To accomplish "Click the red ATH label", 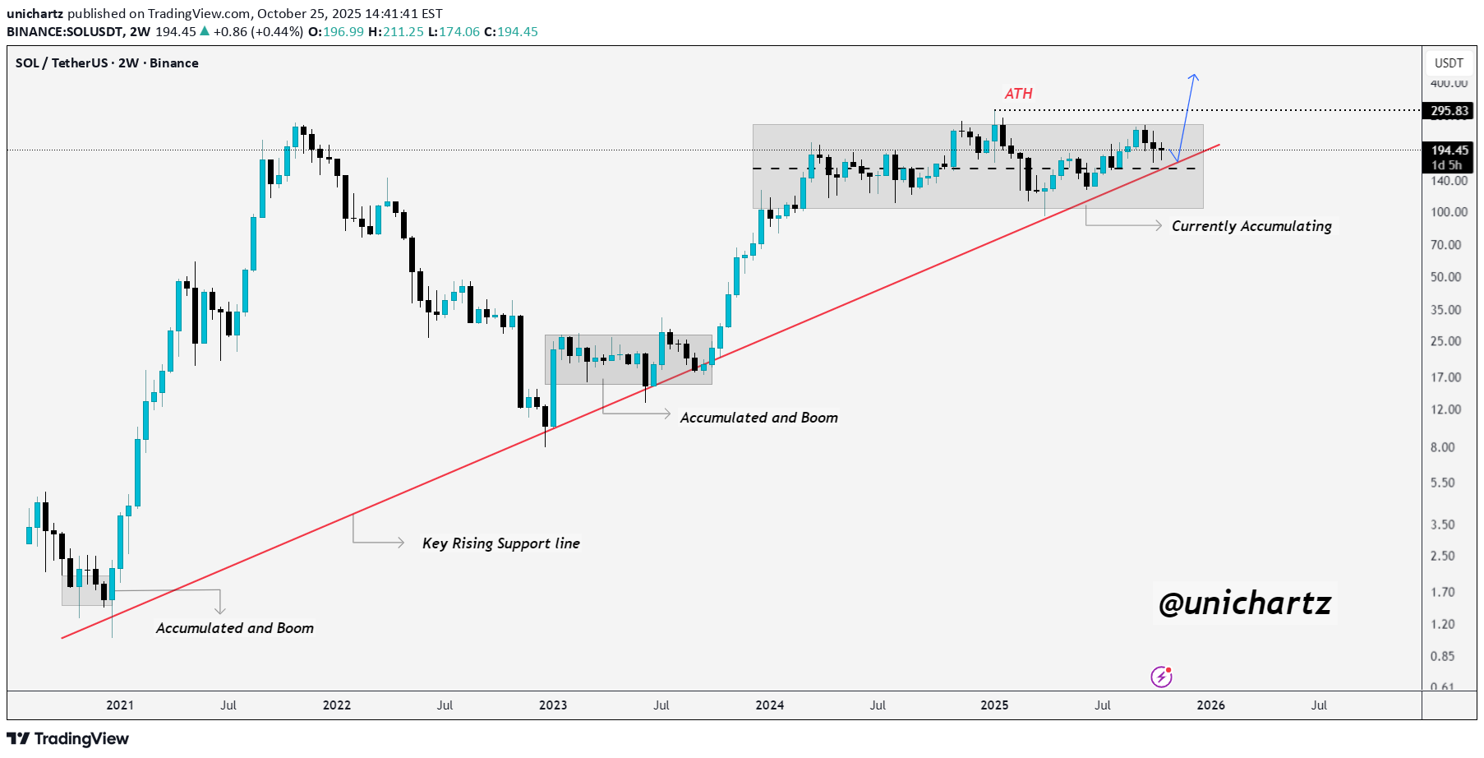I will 1018,94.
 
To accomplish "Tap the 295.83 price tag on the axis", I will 1449,111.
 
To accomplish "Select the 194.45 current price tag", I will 1449,150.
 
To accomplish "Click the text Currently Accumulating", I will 1251,226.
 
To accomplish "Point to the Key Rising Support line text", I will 500,543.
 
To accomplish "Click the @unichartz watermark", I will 1244,603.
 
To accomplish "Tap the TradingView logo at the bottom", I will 68,738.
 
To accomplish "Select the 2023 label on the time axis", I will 553,705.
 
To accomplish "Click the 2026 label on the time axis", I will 1210,705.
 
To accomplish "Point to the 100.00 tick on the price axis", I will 1448,212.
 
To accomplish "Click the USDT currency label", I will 1449,63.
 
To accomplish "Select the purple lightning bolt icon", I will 1161,677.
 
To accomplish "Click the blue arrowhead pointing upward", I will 1194,77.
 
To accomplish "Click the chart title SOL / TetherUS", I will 107,63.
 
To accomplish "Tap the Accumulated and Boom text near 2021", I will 235,628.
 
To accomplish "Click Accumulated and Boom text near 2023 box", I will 758,418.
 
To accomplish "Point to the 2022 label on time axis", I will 337,705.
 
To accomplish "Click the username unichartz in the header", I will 35,13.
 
